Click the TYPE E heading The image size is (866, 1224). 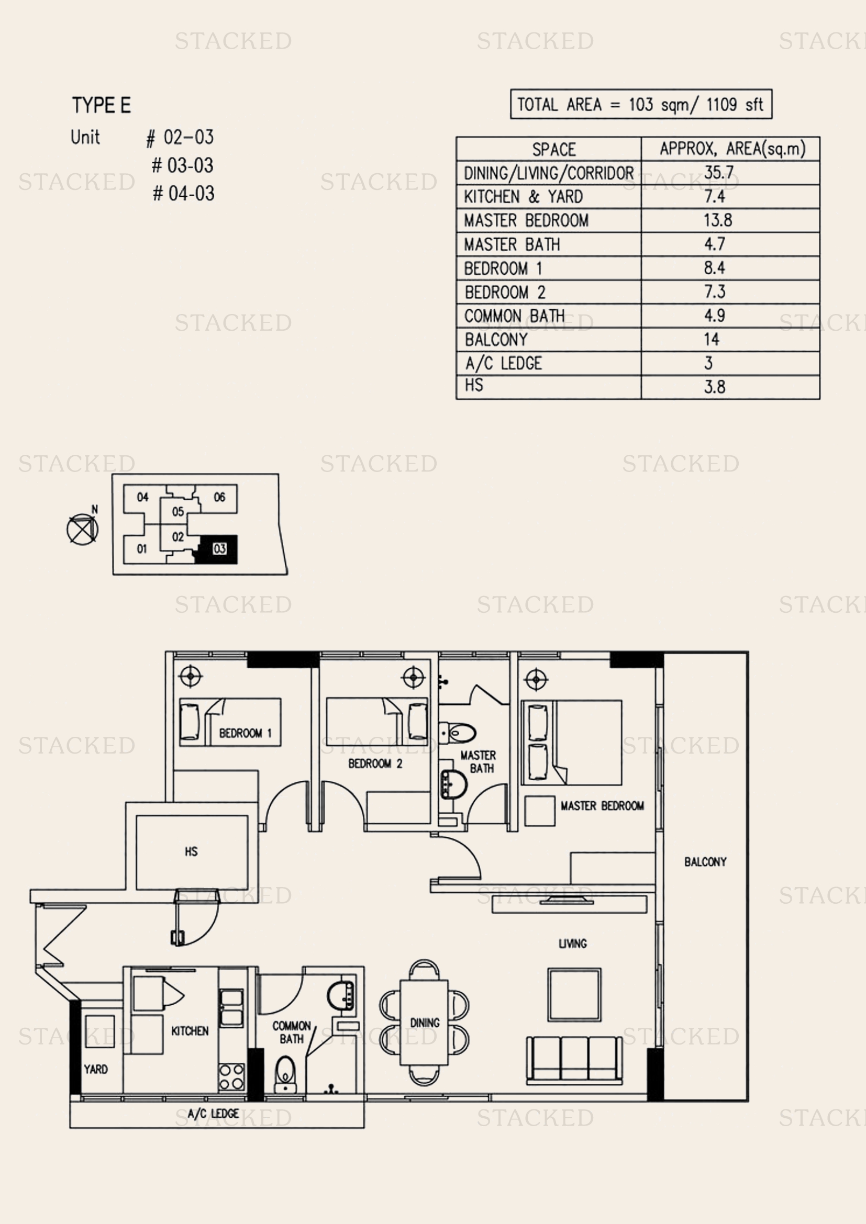102,106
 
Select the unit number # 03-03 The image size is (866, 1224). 182,166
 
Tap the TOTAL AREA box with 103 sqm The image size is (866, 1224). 641,104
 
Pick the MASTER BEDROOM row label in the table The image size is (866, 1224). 526,220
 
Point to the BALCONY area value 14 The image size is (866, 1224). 712,339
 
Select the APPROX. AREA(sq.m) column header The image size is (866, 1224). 732,149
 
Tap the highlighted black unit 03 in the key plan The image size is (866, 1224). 218,549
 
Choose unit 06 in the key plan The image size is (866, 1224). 219,497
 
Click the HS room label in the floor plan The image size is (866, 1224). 191,852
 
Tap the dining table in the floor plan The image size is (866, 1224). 424,1022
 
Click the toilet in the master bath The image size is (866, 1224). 457,734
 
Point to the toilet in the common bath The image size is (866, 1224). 285,1074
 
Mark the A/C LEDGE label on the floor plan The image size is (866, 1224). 213,1114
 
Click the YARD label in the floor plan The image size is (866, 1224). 95,1069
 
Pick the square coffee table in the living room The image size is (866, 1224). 574,995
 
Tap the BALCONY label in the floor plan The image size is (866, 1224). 705,862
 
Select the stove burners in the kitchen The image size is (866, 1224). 232,1077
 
